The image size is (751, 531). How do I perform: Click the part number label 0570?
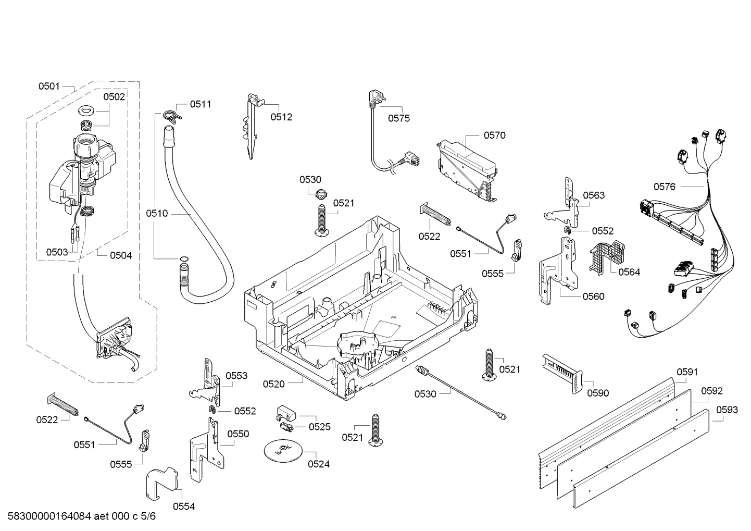click(494, 135)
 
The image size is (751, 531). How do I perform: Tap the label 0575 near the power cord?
click(398, 118)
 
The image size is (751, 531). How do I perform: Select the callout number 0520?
click(273, 384)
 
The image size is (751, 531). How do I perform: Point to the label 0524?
click(319, 464)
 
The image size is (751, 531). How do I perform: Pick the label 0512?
click(281, 117)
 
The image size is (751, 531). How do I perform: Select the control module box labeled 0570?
click(467, 170)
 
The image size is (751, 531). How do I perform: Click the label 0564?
click(629, 271)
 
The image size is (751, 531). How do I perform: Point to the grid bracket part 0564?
click(607, 257)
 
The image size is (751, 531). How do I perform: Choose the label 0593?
click(727, 410)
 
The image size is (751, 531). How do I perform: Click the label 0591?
click(687, 372)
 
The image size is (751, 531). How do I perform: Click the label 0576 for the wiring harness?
click(665, 187)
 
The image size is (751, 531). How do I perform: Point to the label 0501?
click(49, 86)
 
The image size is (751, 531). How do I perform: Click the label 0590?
click(598, 393)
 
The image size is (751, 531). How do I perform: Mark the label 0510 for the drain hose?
click(157, 213)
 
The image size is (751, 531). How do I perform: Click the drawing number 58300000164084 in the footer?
click(49, 516)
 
